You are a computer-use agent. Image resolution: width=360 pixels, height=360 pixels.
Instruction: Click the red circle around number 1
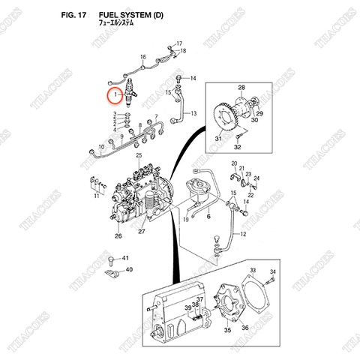click(115, 96)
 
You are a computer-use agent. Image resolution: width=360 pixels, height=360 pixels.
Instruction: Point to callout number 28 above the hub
click(241, 88)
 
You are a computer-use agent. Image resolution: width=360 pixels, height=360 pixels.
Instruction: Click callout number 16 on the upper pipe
click(142, 57)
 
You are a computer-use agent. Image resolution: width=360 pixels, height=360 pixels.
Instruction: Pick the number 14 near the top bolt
click(192, 78)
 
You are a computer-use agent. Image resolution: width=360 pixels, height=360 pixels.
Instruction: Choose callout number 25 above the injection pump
click(139, 154)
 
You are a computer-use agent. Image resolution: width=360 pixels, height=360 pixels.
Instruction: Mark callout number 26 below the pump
click(118, 236)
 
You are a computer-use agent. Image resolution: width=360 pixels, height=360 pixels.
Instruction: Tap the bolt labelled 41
click(112, 259)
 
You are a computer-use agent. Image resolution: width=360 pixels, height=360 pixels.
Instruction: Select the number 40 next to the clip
click(128, 269)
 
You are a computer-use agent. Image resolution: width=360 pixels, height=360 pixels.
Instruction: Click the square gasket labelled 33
click(259, 296)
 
